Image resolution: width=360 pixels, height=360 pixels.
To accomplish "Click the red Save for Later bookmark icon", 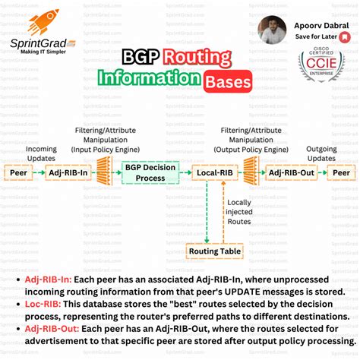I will click(x=346, y=36).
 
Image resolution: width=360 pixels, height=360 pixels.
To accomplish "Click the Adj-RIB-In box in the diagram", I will click(x=67, y=172).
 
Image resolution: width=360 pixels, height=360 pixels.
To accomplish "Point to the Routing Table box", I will click(x=214, y=250).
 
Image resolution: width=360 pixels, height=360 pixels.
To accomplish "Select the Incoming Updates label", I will click(x=42, y=153).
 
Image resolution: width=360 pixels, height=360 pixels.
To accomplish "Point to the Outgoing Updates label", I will click(x=322, y=153).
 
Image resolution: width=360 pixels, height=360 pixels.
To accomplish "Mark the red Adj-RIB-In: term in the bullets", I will click(x=49, y=279).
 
